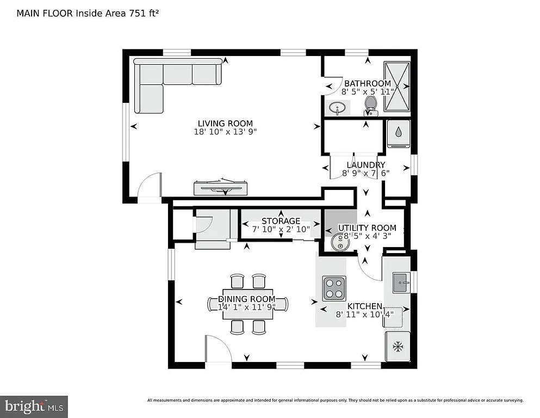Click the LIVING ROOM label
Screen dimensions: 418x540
point(225,124)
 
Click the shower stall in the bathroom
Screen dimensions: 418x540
point(397,86)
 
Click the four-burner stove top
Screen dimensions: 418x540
point(334,288)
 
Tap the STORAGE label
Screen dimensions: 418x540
point(281,221)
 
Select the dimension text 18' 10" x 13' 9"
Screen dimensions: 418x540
point(225,132)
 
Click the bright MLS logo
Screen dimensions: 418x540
point(34,406)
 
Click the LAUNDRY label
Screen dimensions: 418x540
point(366,165)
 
